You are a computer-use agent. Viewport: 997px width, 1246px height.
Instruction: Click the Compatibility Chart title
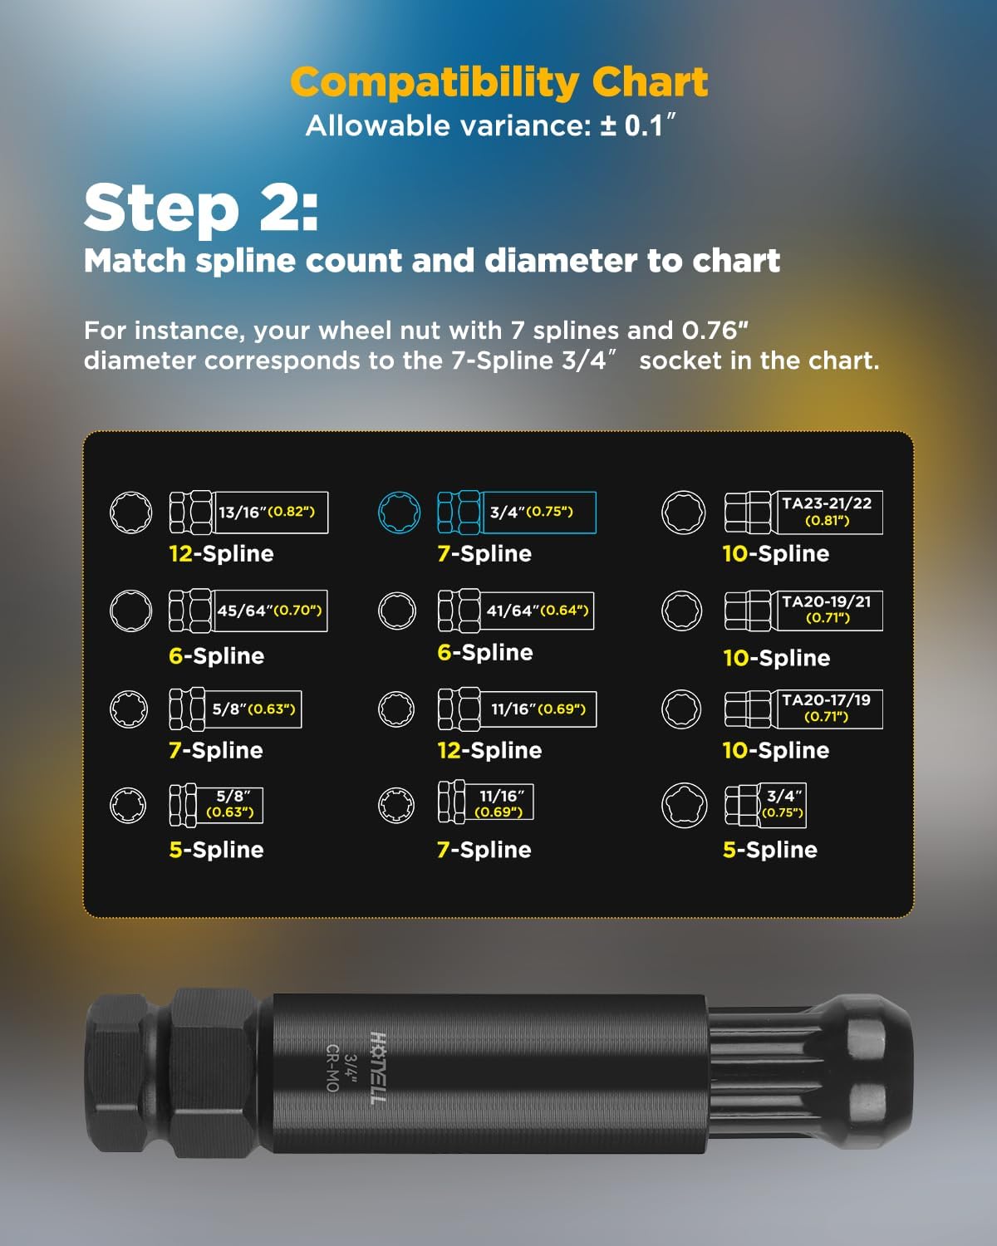(498, 82)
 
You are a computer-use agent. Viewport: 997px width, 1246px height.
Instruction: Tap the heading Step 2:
(201, 208)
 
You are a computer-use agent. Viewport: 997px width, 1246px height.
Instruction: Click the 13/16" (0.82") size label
(268, 512)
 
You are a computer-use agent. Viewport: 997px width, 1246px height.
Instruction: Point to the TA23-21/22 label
(827, 511)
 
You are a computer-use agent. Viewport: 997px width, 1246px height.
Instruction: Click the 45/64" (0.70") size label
(269, 611)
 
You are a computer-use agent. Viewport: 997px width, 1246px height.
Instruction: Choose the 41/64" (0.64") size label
(538, 611)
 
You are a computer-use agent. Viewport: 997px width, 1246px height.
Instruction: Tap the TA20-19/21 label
(827, 610)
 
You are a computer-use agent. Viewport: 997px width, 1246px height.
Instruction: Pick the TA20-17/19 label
(827, 709)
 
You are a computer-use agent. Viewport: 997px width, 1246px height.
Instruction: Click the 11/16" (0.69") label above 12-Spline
(538, 709)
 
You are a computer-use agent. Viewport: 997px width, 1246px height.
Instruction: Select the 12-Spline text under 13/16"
(221, 553)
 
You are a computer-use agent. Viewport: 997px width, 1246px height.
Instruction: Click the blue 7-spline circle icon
(399, 512)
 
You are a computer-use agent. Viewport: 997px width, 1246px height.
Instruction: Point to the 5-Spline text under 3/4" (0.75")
(769, 849)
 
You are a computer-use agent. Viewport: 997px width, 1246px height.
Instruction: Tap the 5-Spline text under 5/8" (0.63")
(216, 849)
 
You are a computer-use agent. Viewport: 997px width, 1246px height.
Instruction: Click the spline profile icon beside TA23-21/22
(683, 512)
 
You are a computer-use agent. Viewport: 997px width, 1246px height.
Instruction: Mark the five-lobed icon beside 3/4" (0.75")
(684, 804)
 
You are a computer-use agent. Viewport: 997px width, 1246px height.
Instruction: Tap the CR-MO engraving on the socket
(332, 1068)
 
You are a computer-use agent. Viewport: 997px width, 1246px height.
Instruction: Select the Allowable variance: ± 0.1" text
(490, 125)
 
